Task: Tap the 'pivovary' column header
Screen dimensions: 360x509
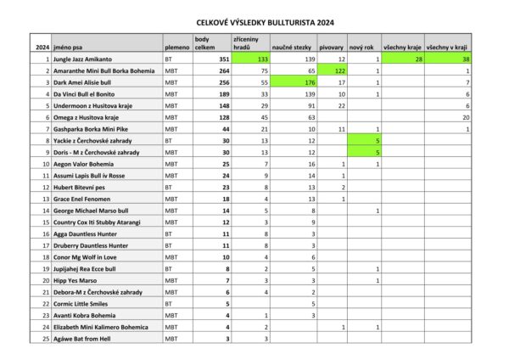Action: click(x=332, y=48)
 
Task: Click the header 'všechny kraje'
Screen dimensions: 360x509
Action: click(x=401, y=48)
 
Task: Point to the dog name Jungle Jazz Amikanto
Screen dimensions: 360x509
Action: click(x=82, y=60)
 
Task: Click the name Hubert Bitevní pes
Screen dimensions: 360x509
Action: click(x=77, y=186)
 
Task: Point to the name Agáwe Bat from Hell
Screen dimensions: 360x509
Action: click(x=81, y=339)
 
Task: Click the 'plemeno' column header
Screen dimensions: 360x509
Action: click(x=176, y=48)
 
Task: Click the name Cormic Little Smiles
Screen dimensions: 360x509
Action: click(x=80, y=303)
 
